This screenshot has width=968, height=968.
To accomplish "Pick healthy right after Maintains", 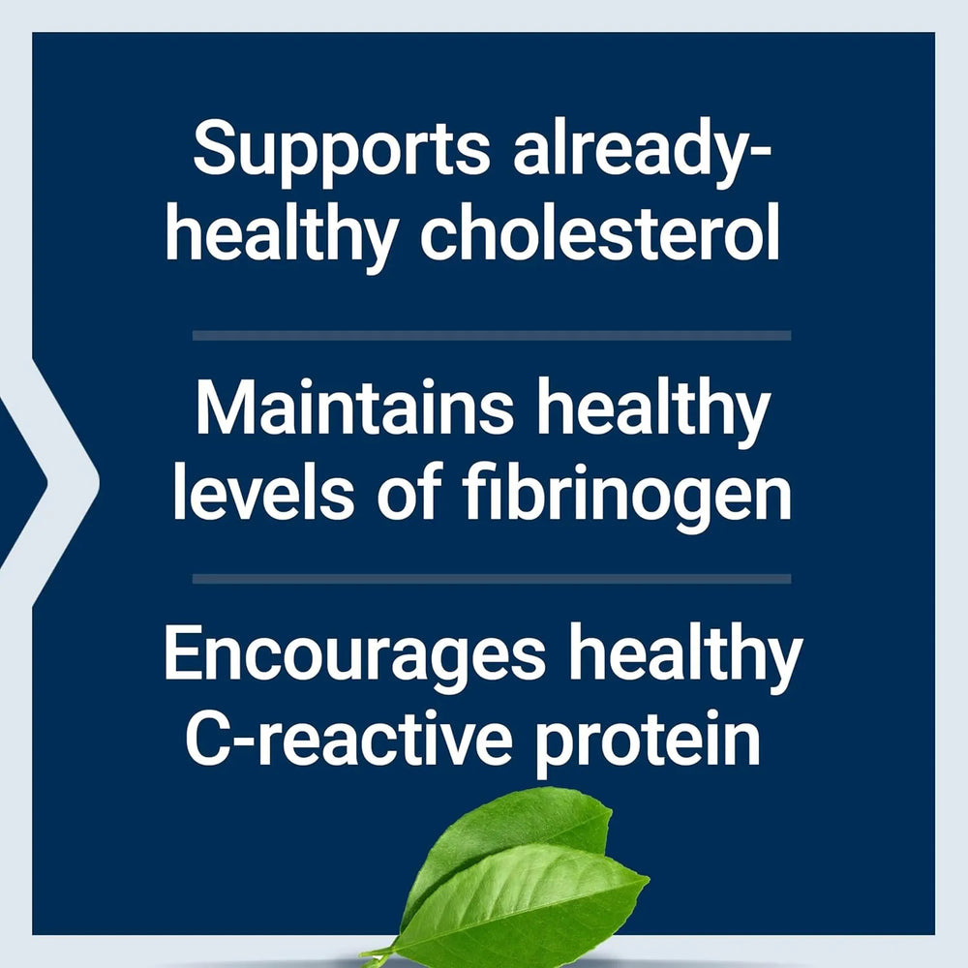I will coord(653,411).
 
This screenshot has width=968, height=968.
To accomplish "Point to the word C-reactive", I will coord(348,741).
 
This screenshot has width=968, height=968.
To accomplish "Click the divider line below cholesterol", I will coord(492,335).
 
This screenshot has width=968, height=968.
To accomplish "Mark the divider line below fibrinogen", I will coord(492,579).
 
